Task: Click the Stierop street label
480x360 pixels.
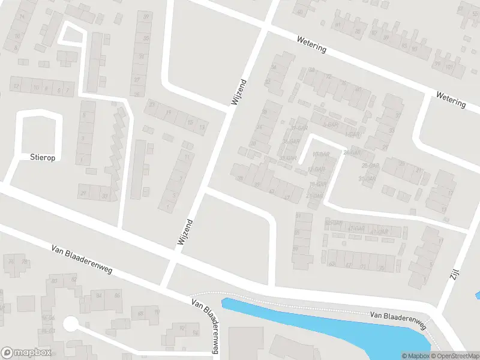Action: tap(42, 157)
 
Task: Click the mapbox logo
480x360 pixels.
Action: tap(26, 353)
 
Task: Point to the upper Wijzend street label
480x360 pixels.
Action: tap(239, 92)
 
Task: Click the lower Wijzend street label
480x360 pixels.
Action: tap(185, 231)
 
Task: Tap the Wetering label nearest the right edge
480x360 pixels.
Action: tap(451, 99)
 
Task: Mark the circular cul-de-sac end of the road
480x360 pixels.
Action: tap(71, 325)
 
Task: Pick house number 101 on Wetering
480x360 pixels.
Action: tap(450, 66)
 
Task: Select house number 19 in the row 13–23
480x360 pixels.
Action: tap(169, 112)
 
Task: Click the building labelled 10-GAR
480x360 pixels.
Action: tap(322, 155)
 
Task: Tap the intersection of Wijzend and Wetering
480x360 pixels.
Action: tap(265, 26)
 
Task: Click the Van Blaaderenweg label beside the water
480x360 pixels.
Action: tap(397, 320)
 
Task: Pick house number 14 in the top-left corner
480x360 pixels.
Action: tap(22, 16)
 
